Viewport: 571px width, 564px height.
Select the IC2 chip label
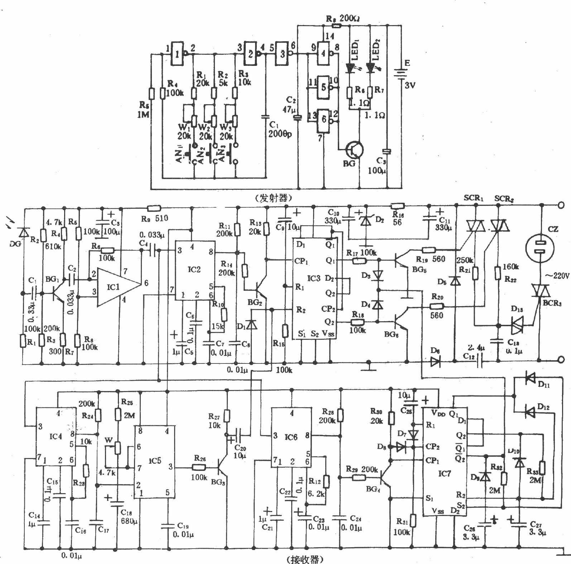pos(194,269)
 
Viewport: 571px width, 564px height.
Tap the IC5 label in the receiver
pos(155,461)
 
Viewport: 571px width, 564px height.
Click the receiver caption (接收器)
pos(305,559)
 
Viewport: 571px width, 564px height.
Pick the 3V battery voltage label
pos(410,85)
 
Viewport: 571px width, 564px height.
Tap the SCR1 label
pos(473,198)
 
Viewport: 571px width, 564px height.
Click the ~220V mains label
pos(557,276)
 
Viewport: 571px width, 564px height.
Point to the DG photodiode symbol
pos(24,233)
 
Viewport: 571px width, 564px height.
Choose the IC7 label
pos(445,474)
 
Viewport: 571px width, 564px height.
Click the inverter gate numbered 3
pos(283,54)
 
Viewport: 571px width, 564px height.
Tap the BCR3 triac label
pos(552,303)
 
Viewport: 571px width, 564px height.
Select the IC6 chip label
pos(291,437)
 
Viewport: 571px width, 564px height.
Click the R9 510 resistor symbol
pos(154,208)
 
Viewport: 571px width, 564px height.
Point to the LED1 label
pos(355,50)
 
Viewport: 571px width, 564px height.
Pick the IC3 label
pos(314,278)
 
